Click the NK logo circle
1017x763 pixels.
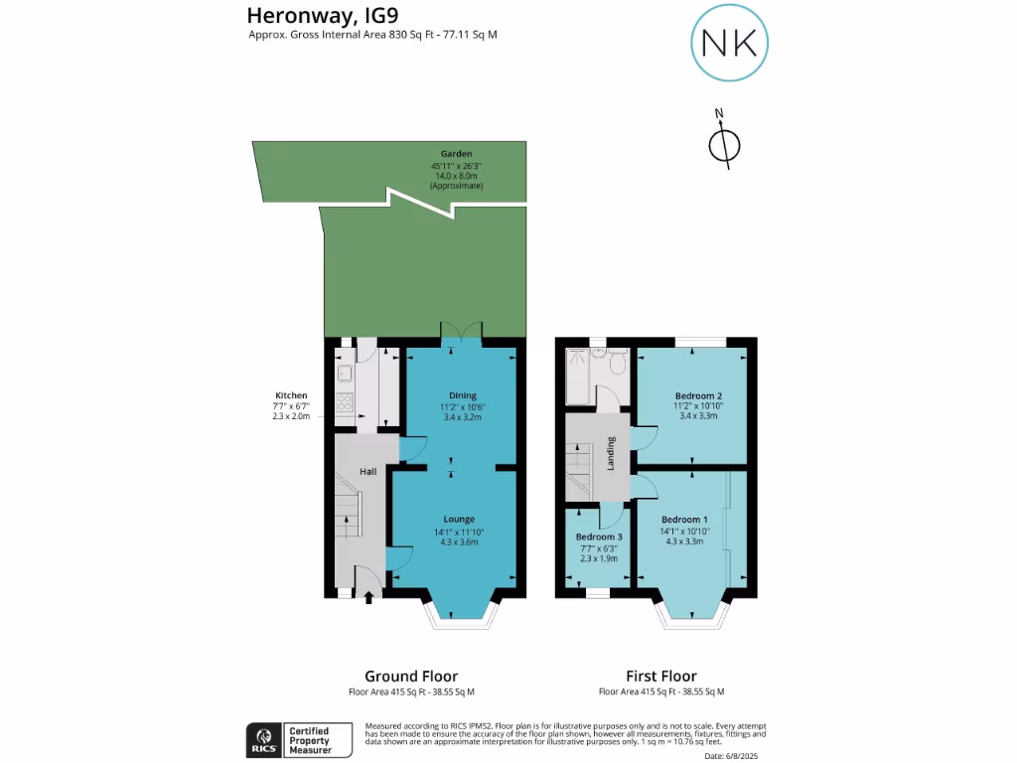click(x=729, y=42)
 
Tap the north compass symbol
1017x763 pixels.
click(x=723, y=143)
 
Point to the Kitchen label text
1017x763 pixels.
click(x=292, y=395)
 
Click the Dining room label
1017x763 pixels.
click(x=462, y=395)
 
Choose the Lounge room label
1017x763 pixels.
click(x=459, y=519)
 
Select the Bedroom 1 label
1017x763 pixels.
click(x=684, y=520)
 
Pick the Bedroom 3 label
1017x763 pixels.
click(x=599, y=536)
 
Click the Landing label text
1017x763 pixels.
click(x=612, y=453)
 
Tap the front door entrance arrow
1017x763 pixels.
click(x=369, y=596)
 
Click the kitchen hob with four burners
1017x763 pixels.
click(x=345, y=402)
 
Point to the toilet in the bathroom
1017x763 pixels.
click(x=617, y=365)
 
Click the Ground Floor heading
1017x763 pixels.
click(x=411, y=676)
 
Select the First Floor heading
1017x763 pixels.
click(x=660, y=676)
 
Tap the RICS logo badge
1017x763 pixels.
click(x=264, y=740)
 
